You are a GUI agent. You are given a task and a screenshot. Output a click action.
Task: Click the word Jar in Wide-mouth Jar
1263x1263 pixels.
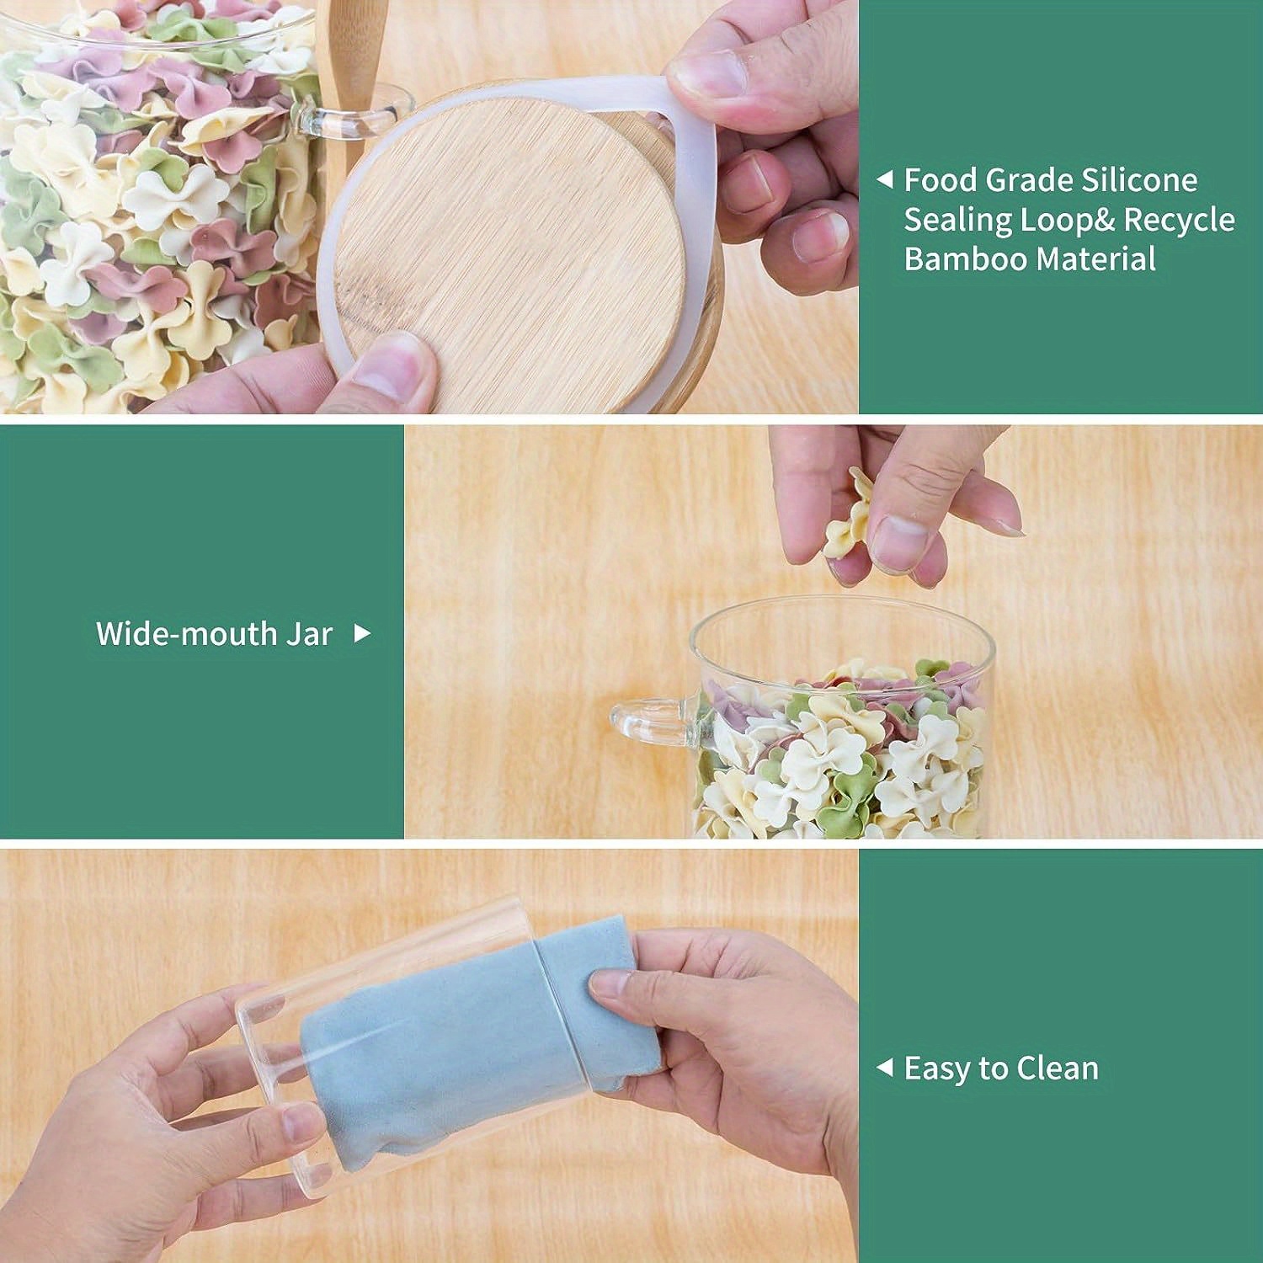coord(309,634)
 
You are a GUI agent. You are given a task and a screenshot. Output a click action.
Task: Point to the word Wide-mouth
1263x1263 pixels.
coord(184,634)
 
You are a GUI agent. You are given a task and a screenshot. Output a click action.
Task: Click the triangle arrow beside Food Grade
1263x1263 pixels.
coord(884,180)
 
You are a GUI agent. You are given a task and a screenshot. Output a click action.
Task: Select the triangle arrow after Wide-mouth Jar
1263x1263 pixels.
coord(362,633)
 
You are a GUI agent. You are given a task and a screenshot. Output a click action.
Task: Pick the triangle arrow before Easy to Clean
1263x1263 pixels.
coord(884,1068)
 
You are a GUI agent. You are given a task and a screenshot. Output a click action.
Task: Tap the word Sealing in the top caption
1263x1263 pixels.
coord(958,220)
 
